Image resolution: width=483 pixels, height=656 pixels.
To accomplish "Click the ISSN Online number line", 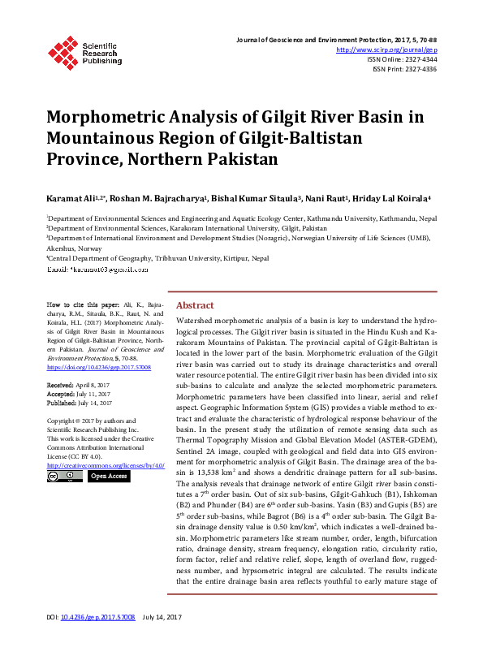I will click(402, 59).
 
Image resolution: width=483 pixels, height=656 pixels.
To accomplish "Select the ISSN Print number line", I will click(404, 69).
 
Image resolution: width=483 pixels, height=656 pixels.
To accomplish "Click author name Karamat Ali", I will click(70, 197).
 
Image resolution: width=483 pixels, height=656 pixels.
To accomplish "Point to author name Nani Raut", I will click(328, 197).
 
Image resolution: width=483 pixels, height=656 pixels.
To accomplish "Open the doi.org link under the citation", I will click(99, 367).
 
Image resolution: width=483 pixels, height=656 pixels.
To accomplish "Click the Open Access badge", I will click(109, 477).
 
